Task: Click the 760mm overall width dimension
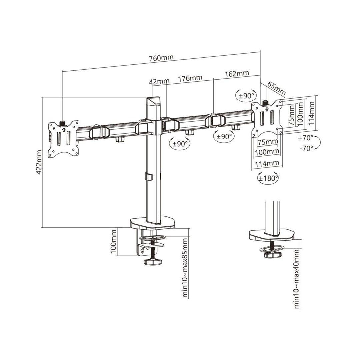[161, 57]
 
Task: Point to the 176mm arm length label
[190, 78]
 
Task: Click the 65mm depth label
[276, 88]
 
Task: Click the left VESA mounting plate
[64, 138]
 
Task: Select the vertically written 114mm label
[311, 113]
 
